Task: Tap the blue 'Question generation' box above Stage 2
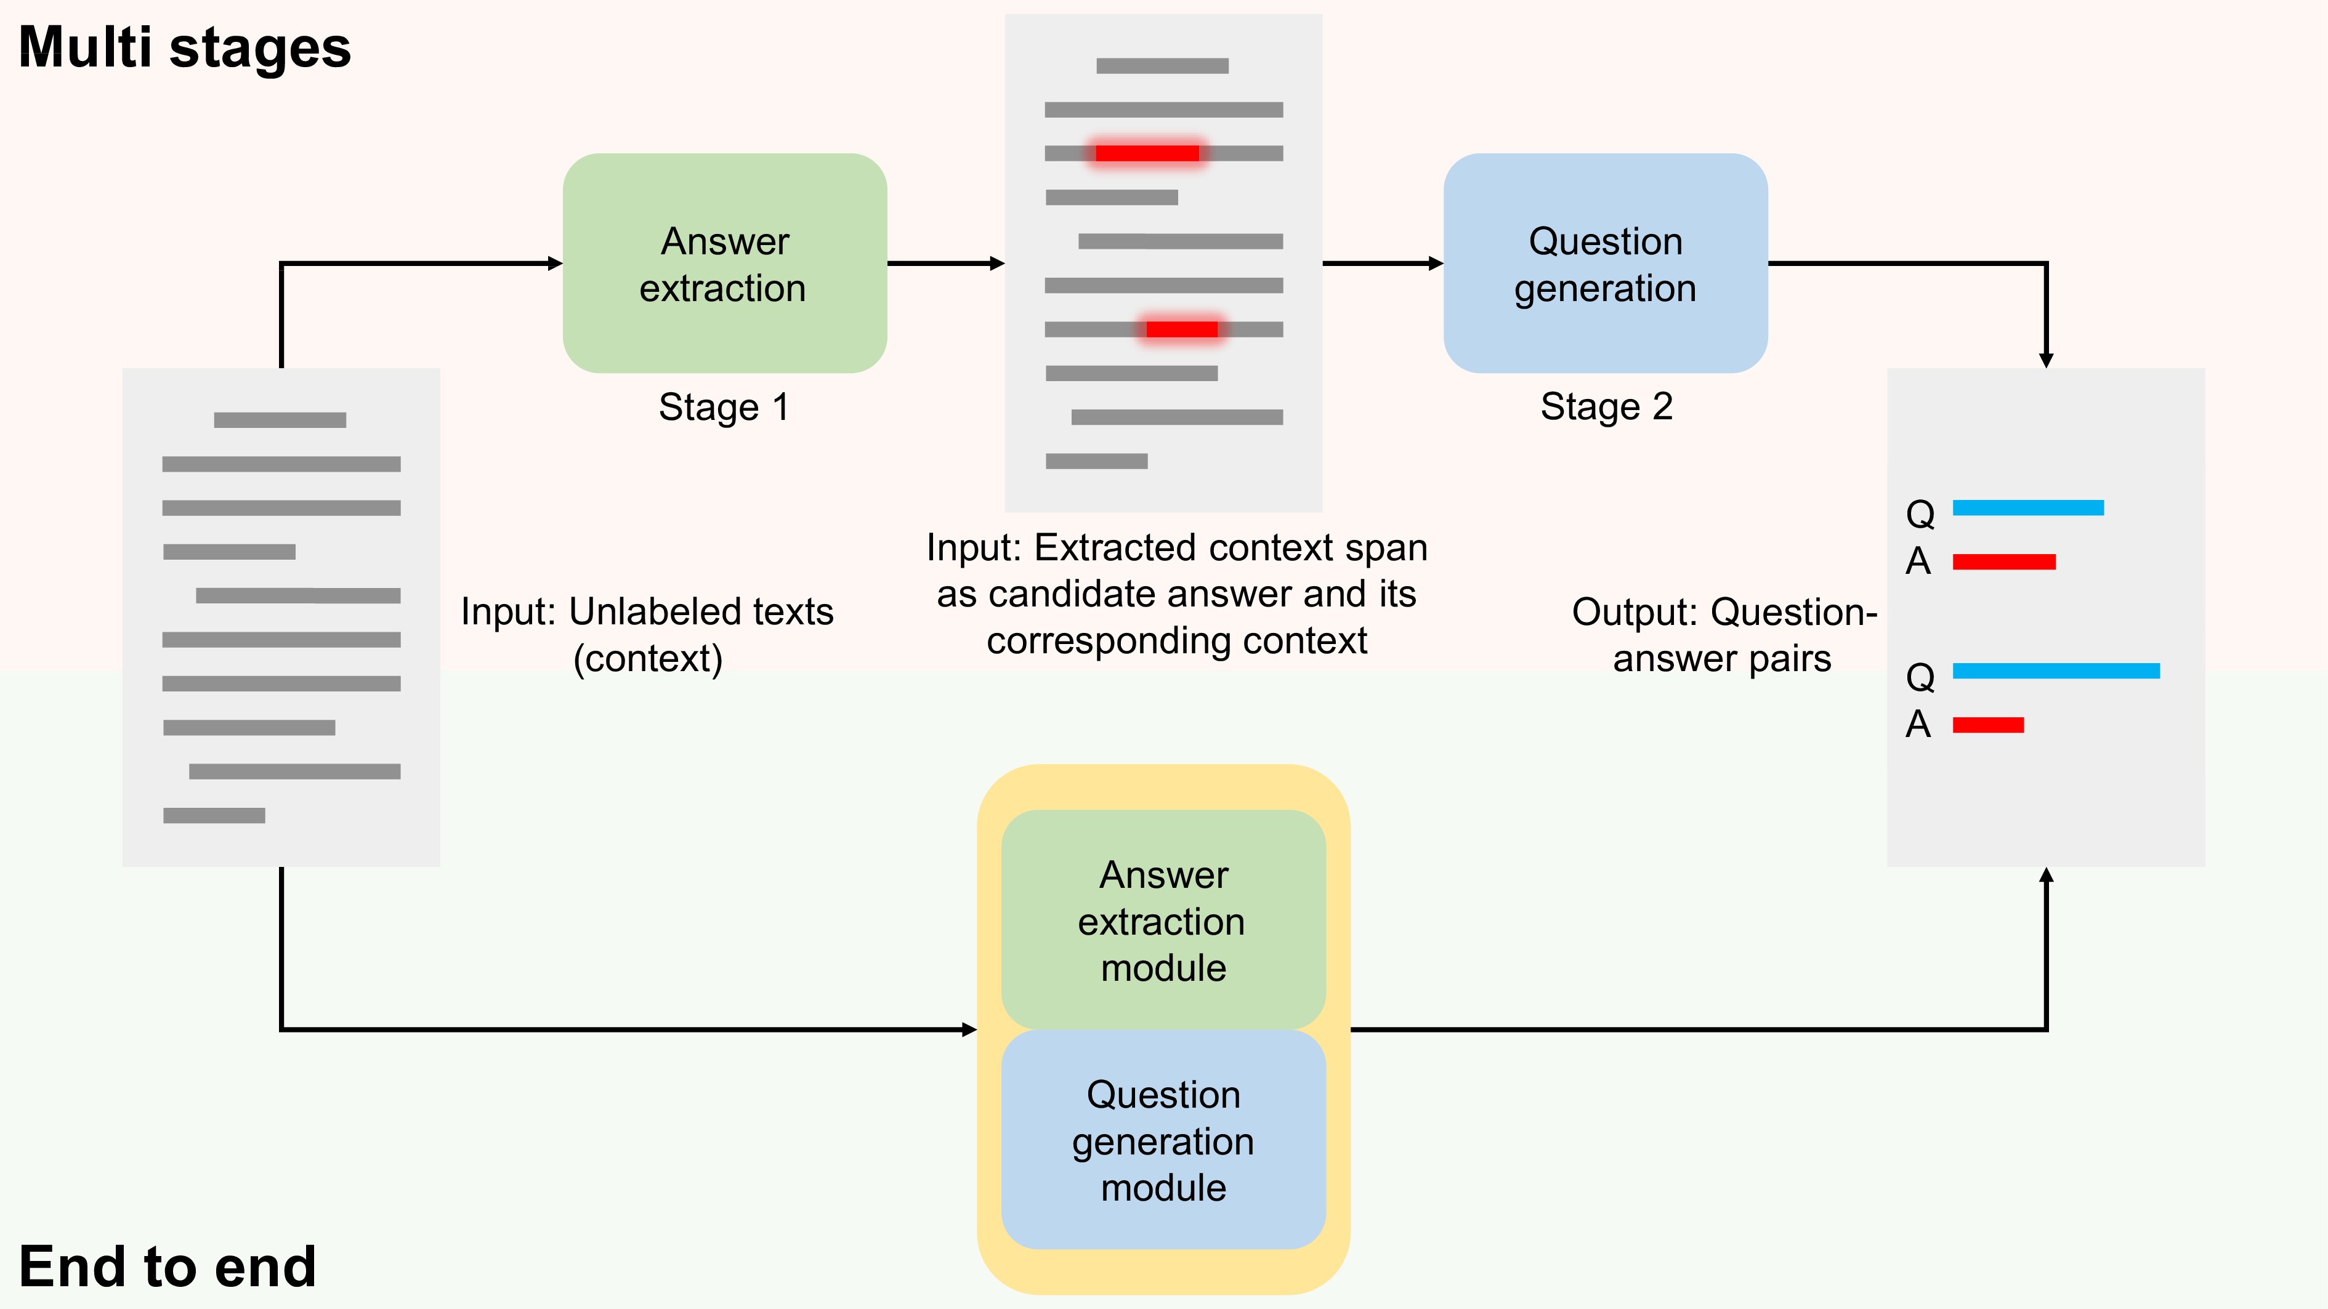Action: click(1605, 263)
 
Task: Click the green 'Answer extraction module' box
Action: click(1163, 920)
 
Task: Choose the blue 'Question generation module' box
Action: click(1163, 1140)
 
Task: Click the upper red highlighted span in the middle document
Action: click(1147, 153)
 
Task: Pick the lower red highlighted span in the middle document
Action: click(1181, 329)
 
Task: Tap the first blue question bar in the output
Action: click(2028, 508)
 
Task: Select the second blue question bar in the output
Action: click(2056, 671)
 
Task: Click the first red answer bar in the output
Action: click(2003, 562)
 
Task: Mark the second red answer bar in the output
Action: click(1987, 725)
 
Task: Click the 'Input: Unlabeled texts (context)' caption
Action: click(647, 634)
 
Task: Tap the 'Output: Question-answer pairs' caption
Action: click(1723, 634)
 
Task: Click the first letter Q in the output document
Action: click(1920, 514)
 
